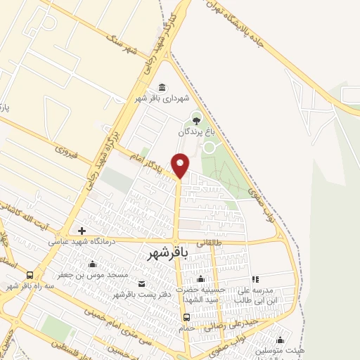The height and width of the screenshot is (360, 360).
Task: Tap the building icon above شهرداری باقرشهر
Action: pos(163,87)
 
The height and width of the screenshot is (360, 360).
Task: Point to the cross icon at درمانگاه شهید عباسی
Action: pos(82,231)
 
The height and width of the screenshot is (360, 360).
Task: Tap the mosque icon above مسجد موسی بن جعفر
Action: pos(92,264)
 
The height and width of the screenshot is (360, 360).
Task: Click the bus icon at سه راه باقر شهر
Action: pos(30,275)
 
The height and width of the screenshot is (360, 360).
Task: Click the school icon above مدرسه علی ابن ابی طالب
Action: pos(255,279)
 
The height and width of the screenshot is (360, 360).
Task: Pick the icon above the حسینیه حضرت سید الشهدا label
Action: pos(200,280)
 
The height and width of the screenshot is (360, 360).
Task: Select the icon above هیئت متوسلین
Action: pos(281,340)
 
